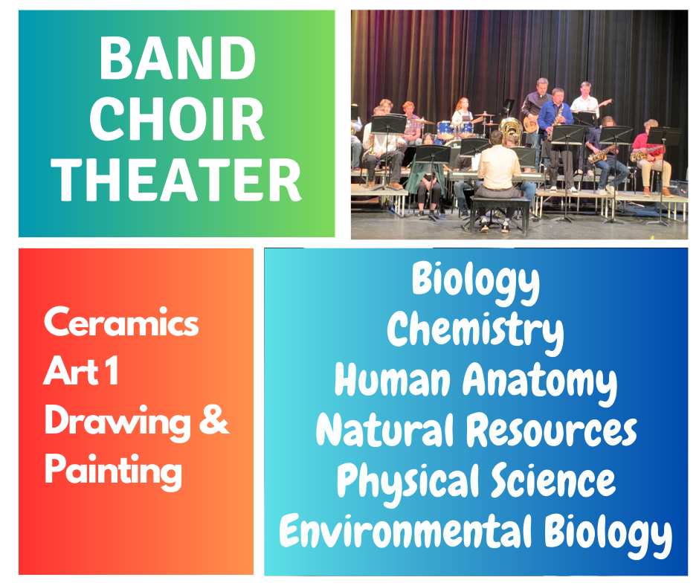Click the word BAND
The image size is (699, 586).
click(x=177, y=58)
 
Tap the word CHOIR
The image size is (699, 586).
click(x=177, y=119)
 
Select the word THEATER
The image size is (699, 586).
click(x=176, y=180)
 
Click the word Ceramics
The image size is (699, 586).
click(x=121, y=321)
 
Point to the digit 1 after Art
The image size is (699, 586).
click(x=112, y=370)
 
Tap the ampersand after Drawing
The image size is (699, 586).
click(x=214, y=419)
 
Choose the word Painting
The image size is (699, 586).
click(x=113, y=471)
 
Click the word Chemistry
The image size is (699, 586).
click(x=475, y=330)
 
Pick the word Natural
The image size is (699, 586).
click(x=384, y=429)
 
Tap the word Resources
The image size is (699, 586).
click(x=552, y=431)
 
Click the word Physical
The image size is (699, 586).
click(x=408, y=482)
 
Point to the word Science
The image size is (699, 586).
click(x=553, y=480)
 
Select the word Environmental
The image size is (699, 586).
click(x=405, y=531)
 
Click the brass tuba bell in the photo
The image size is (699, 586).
click(x=510, y=127)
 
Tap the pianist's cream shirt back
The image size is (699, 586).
click(x=498, y=167)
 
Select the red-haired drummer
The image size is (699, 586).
click(x=463, y=114)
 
